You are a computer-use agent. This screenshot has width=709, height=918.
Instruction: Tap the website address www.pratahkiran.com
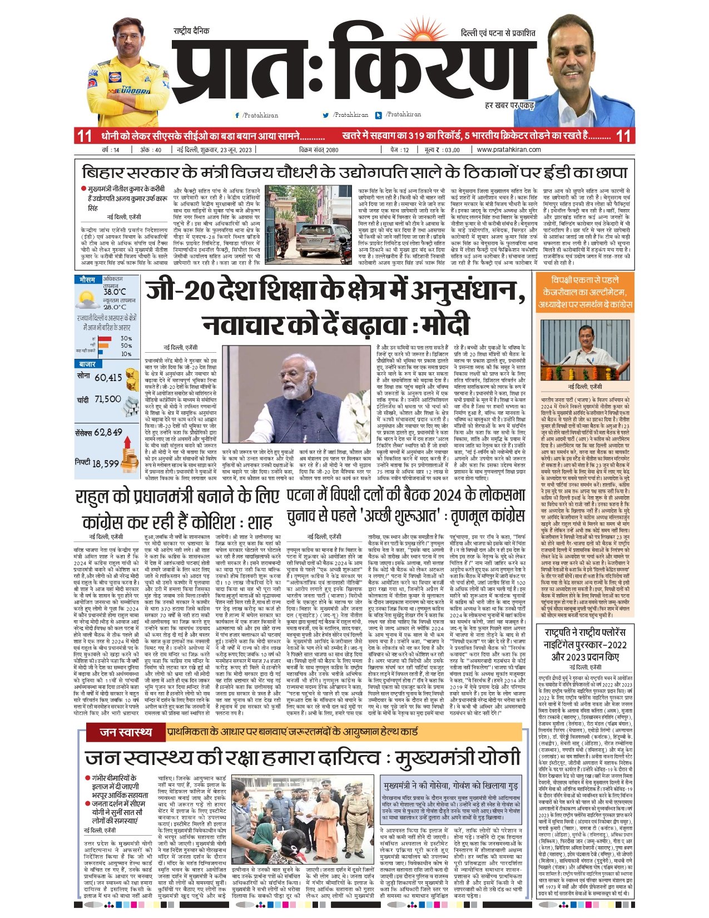click(509, 150)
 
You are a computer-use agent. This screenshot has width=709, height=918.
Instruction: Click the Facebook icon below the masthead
click(237, 115)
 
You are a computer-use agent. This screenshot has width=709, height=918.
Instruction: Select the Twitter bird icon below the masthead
click(326, 115)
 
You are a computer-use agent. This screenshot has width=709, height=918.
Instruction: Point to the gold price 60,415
click(108, 378)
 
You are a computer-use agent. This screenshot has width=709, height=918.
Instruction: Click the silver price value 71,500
click(107, 399)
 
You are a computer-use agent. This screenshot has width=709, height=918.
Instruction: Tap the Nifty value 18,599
click(106, 463)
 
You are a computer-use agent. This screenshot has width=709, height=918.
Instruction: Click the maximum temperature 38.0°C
click(115, 292)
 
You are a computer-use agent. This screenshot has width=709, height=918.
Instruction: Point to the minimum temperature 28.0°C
click(115, 307)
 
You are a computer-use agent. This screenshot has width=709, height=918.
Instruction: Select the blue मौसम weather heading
click(87, 279)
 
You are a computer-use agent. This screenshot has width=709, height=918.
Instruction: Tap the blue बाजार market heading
click(88, 364)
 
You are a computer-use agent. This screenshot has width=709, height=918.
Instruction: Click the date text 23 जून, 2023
click(230, 150)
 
